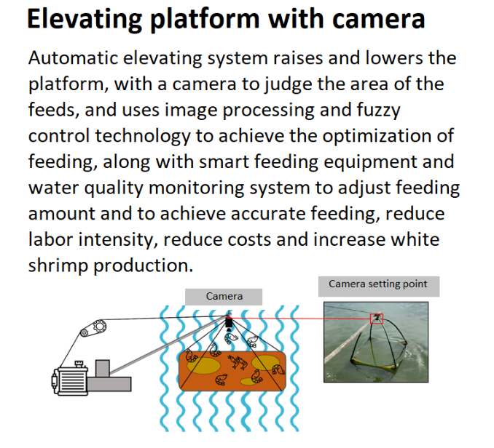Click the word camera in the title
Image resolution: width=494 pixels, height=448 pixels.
point(377,19)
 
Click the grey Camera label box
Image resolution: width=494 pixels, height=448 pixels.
point(224,296)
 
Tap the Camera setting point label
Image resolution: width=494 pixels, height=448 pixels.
point(378,284)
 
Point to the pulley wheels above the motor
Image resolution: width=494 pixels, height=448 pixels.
point(91,330)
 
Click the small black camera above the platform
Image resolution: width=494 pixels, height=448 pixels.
point(228,323)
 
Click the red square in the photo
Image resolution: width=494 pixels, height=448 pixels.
point(377,319)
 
